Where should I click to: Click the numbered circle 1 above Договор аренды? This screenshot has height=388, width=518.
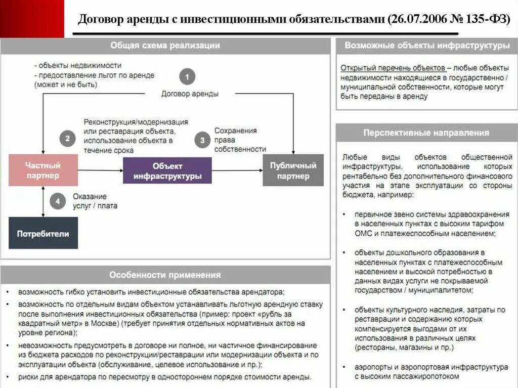tap(187, 77)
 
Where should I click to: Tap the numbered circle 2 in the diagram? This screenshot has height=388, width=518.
tap(67, 138)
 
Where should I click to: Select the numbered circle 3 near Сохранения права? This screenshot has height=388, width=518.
tap(202, 140)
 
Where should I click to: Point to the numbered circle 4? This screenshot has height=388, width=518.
tap(58, 202)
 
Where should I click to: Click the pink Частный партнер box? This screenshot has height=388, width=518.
tap(43, 170)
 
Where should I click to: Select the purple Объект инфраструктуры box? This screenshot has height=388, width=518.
tap(167, 170)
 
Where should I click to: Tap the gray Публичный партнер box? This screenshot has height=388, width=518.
tap(293, 170)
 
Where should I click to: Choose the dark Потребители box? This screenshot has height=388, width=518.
tap(43, 233)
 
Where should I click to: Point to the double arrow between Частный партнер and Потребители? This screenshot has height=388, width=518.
tap(42, 201)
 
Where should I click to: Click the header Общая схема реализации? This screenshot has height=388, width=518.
tap(165, 46)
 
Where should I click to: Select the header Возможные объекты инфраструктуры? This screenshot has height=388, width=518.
tap(427, 46)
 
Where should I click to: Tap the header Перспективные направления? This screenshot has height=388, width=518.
tap(426, 133)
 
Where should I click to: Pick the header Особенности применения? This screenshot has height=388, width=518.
tap(165, 275)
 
